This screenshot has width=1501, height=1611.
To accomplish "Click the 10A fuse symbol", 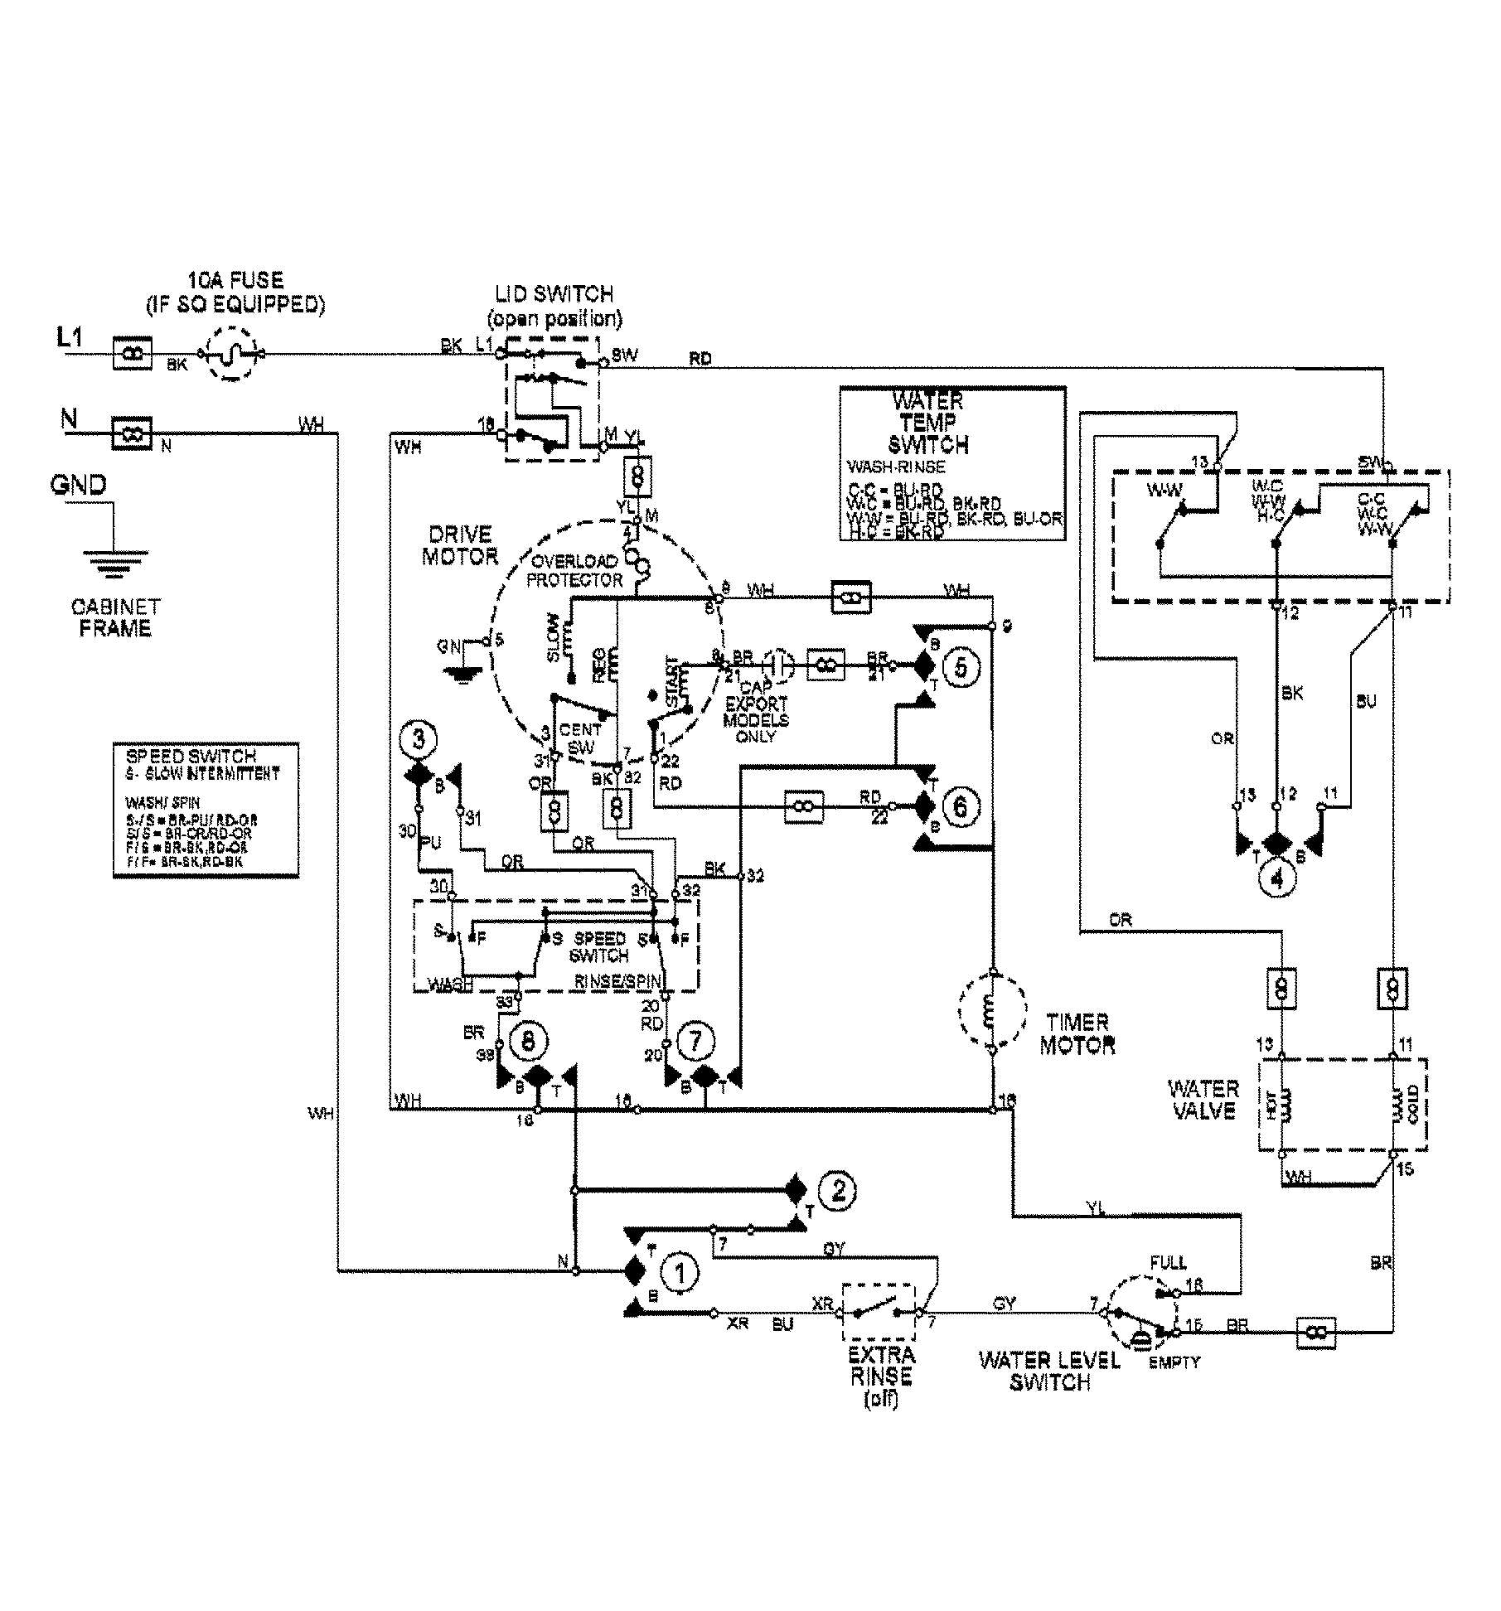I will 233,354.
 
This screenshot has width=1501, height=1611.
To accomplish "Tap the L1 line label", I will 70,336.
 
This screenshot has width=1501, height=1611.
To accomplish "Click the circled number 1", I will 679,1273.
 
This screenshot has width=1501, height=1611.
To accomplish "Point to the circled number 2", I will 838,1191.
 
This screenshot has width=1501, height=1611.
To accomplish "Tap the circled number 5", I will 961,666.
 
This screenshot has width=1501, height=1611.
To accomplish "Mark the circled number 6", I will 961,806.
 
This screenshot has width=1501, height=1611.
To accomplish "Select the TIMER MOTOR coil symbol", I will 992,1010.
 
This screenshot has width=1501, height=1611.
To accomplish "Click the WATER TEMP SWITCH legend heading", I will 928,423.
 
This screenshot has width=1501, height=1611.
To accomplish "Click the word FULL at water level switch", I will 1168,1263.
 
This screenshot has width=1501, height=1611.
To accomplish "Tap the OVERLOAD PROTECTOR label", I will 574,570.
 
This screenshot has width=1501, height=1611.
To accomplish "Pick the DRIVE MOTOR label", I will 459,544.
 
